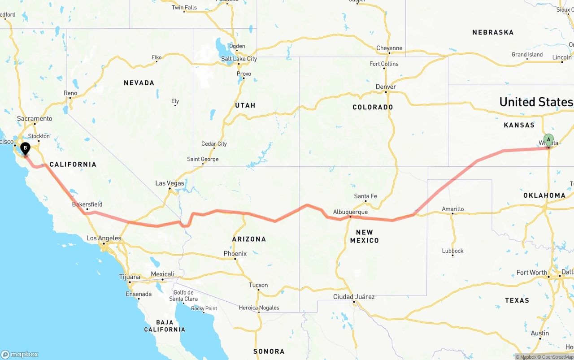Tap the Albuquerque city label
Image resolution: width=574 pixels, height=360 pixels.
click(350, 212)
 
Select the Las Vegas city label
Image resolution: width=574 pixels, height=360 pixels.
click(170, 183)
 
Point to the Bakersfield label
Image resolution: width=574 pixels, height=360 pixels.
click(87, 204)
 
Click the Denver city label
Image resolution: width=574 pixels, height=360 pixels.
click(386, 87)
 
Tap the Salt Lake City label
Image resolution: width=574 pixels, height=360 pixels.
click(239, 59)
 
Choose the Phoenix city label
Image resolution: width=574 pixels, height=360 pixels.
click(235, 253)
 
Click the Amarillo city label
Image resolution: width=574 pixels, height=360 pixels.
click(452, 209)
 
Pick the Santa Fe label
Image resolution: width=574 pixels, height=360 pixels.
click(365, 196)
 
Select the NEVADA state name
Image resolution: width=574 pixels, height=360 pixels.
click(139, 82)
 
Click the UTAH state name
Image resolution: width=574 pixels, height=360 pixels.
click(245, 105)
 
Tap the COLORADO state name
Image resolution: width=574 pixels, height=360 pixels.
click(373, 107)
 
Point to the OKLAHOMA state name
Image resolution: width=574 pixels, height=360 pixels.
click(544, 195)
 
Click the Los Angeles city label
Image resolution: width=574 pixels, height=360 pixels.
click(104, 238)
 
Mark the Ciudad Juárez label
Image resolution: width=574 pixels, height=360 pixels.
click(354, 297)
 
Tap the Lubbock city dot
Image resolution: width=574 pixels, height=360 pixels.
click(452, 256)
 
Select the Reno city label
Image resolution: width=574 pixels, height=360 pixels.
click(70, 93)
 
